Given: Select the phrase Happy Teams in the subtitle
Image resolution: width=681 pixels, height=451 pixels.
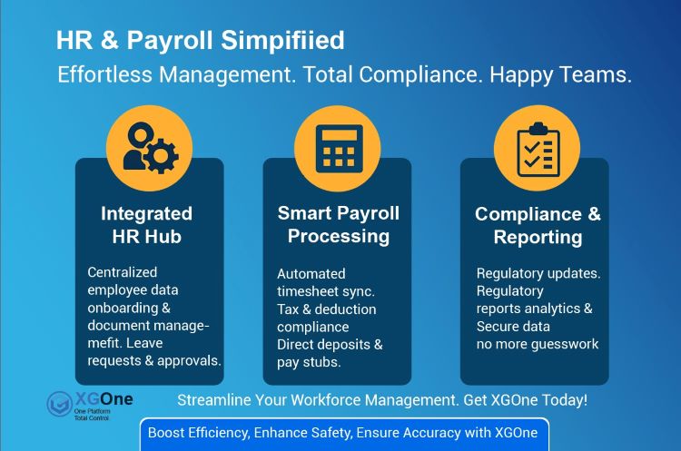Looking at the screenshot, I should (559, 74).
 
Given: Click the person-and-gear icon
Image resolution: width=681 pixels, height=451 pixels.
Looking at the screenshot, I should (149, 146).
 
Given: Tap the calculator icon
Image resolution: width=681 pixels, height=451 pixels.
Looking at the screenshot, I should (338, 147).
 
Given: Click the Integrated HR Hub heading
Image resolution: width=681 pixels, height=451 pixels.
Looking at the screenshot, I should (147, 225).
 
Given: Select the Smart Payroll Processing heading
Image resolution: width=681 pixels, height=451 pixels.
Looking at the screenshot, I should (338, 224).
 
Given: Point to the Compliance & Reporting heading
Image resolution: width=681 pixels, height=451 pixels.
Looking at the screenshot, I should (538, 225).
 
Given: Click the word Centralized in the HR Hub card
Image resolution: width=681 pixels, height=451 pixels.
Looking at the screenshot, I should (123, 272).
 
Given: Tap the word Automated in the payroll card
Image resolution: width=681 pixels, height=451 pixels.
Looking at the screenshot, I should (311, 273).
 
